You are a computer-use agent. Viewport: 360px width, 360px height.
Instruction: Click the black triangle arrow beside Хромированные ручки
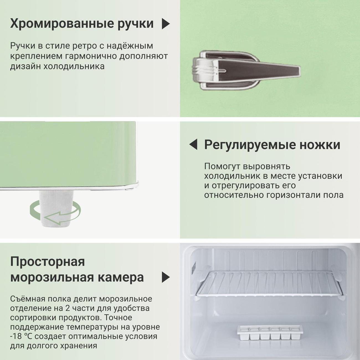[166, 24]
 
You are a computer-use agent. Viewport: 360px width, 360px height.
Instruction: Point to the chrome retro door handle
[246, 70]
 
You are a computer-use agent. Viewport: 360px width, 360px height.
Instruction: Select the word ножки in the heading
[320, 145]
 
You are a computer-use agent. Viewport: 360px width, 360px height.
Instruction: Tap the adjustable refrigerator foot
[56, 208]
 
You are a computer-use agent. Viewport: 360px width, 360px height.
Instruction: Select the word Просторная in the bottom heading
[47, 262]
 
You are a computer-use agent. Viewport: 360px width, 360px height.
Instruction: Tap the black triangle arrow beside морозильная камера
[166, 277]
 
